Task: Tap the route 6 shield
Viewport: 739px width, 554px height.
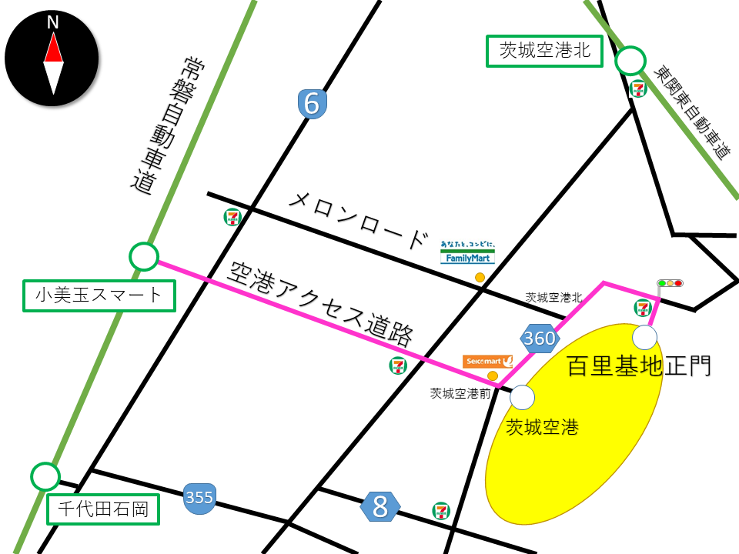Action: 312,104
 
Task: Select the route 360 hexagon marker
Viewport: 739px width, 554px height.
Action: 539,338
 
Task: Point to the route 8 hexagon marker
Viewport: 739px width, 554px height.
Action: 380,506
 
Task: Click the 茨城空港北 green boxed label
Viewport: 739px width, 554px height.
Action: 544,52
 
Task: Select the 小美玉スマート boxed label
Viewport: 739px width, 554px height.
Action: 98,295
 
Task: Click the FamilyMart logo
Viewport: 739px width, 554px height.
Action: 467,254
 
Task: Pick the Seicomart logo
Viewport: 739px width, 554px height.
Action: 488,361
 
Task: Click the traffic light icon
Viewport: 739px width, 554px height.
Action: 670,283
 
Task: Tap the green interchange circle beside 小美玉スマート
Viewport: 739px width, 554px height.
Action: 143,257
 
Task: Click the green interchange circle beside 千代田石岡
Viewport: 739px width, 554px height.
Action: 45,476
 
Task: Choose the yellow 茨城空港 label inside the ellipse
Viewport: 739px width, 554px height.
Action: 541,426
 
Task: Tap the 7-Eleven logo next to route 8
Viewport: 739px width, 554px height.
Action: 441,509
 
